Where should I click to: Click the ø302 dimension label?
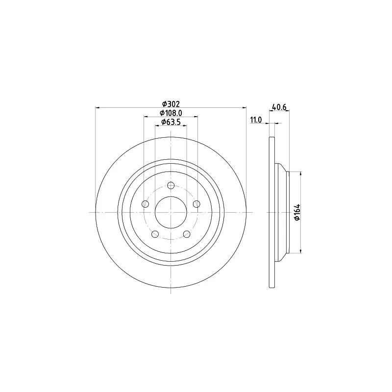(171, 104)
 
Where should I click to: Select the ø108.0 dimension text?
(171, 113)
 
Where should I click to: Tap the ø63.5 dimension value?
(171, 122)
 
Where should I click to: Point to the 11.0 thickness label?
(256, 120)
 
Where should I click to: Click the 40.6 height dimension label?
(279, 107)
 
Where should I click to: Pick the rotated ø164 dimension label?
(297, 212)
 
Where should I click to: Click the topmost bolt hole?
(171, 186)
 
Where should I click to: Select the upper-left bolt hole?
(145, 204)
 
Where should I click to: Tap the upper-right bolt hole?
(197, 204)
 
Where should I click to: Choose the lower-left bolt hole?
(155, 234)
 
